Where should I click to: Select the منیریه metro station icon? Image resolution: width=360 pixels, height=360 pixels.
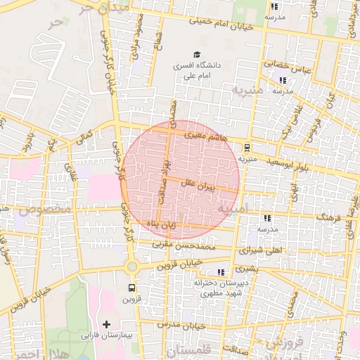point(247,148)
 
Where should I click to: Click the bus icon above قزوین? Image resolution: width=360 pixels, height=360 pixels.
point(131,288)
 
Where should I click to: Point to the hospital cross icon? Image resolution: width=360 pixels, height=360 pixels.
point(106,324)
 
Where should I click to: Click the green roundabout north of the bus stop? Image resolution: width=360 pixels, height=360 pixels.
point(131,266)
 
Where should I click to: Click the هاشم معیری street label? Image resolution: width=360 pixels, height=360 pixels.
point(205,136)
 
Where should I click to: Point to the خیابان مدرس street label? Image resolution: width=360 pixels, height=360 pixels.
point(180,326)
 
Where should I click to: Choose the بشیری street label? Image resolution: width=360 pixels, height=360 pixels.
point(246,268)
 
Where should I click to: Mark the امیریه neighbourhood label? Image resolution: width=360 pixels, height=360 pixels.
point(233,209)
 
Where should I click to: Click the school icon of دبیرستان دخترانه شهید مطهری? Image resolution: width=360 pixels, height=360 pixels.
point(221,272)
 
